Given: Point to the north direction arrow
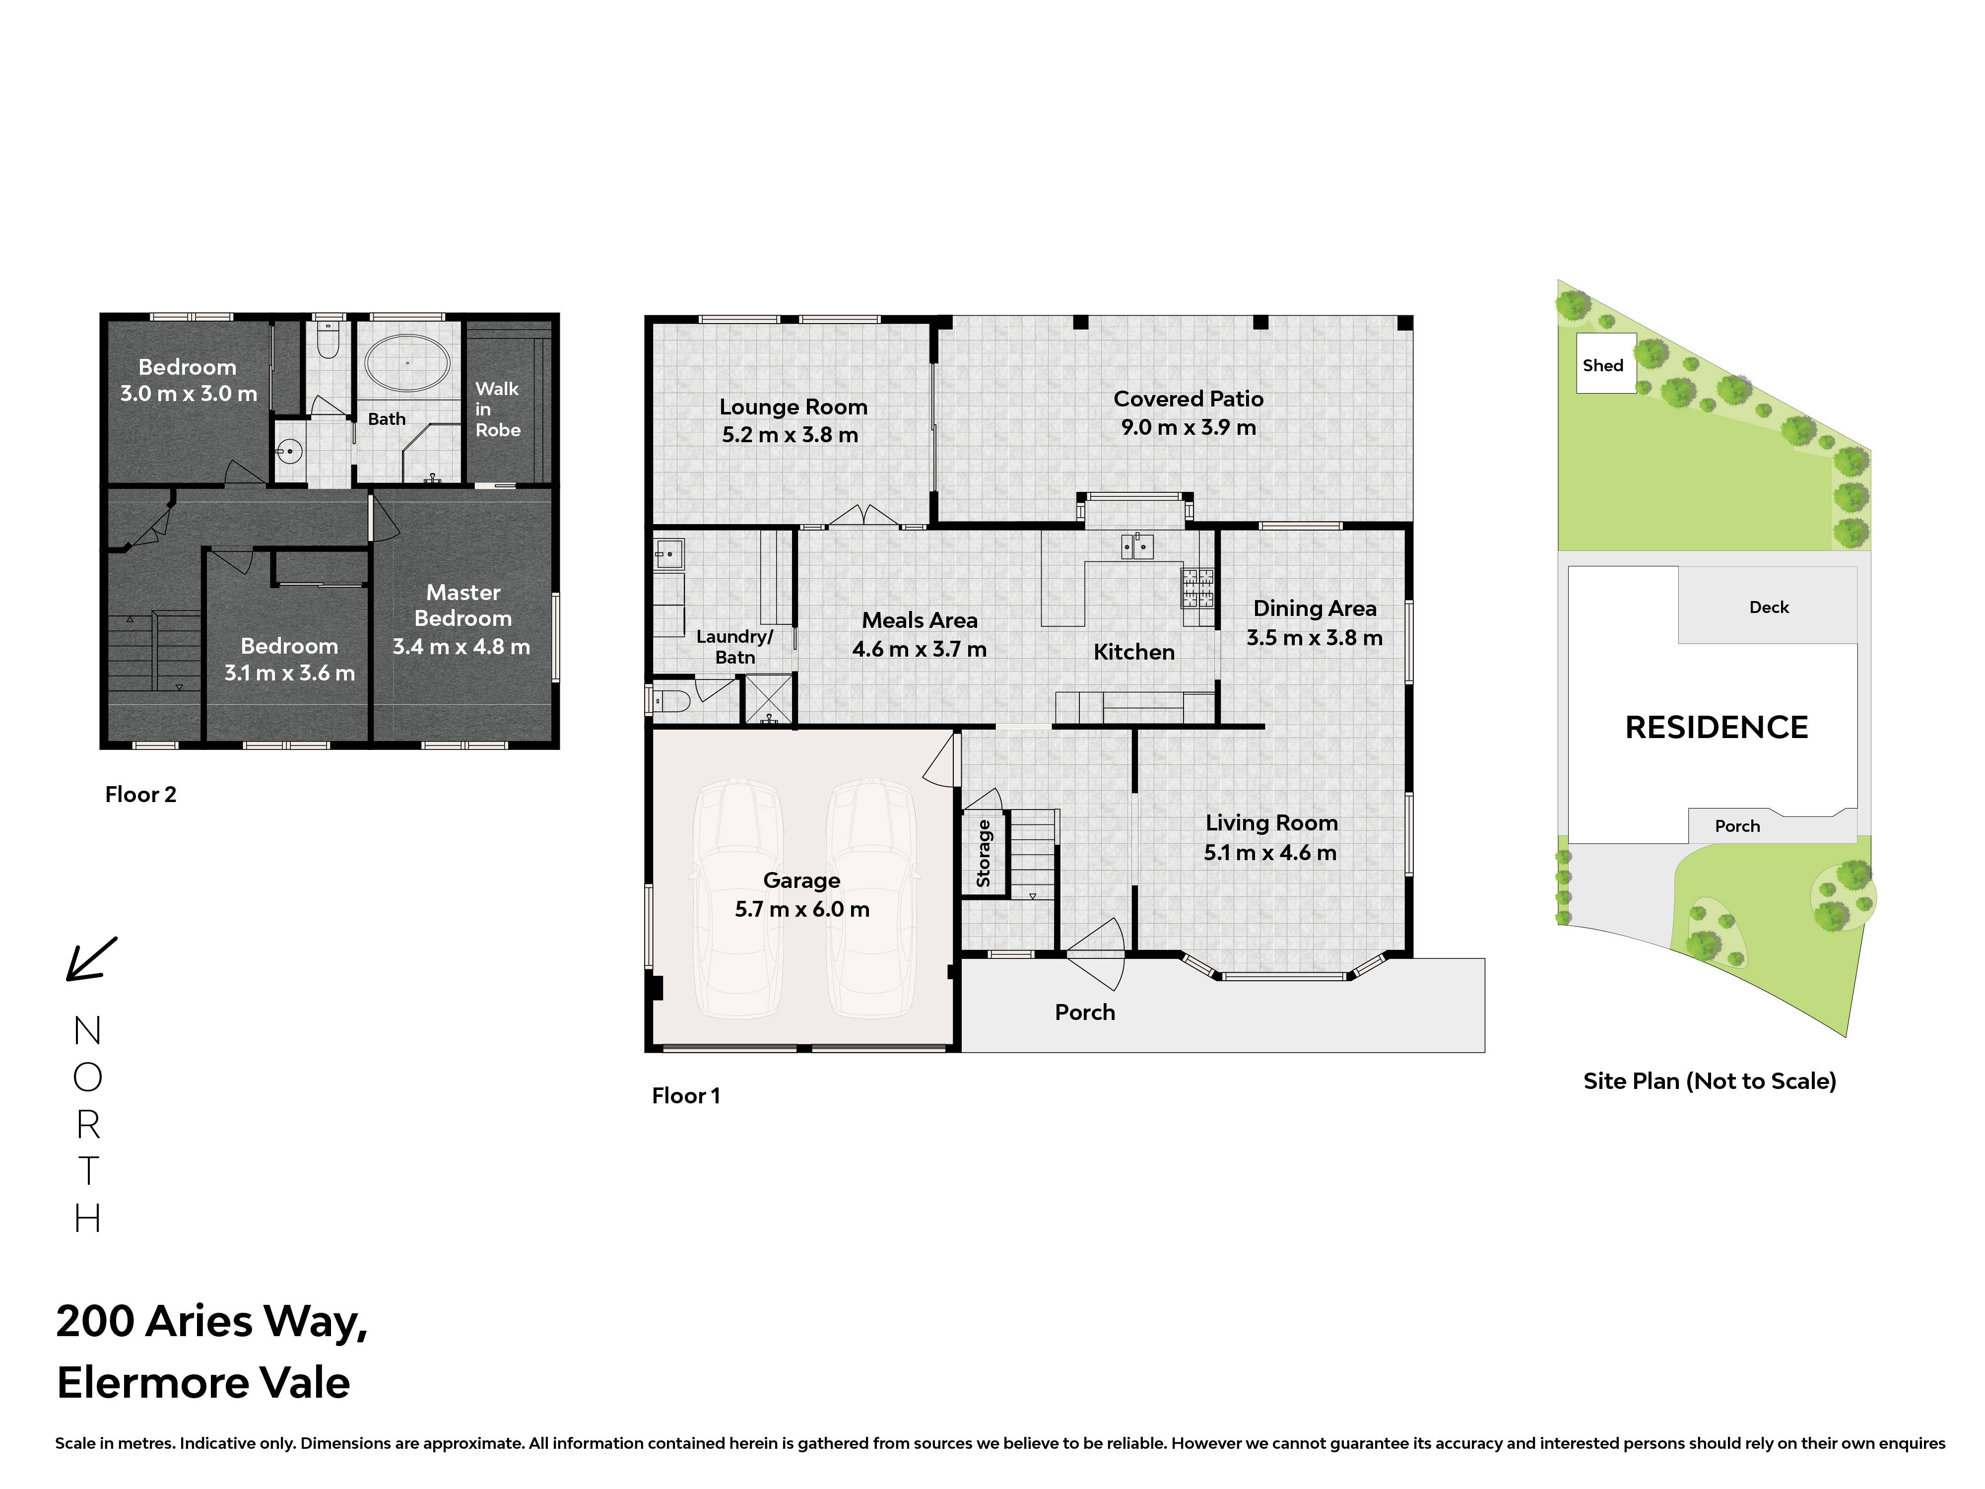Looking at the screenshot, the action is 91,958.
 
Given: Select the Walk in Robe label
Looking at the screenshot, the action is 498,409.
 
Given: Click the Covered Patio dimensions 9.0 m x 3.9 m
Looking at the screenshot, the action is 1188,427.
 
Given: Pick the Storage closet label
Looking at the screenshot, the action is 984,853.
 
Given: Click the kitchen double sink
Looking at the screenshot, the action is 1136,545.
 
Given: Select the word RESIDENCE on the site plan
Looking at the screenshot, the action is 1717,727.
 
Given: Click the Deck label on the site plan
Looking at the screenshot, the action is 1769,608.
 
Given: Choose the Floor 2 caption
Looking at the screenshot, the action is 141,794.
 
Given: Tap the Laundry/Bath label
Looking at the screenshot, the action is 735,646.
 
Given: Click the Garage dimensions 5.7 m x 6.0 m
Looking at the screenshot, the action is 802,909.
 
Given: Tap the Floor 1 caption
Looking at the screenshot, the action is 686,1096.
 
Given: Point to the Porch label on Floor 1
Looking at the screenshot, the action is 1085,1013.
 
